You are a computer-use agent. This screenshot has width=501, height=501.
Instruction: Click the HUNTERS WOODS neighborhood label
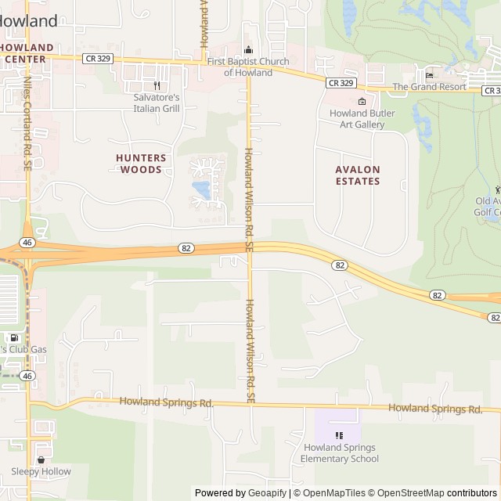(x=141, y=163)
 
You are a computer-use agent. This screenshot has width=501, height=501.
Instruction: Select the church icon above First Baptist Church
(x=249, y=50)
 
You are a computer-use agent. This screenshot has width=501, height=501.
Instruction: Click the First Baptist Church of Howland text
(x=248, y=67)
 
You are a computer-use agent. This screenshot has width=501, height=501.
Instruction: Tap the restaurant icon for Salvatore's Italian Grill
(x=157, y=86)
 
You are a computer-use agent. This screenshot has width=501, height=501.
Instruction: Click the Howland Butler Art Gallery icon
(x=362, y=102)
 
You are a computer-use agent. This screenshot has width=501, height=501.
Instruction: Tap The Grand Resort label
(x=429, y=87)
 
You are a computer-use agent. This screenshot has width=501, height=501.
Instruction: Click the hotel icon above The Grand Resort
(x=429, y=75)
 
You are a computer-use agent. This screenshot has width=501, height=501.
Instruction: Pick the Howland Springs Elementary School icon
(x=339, y=435)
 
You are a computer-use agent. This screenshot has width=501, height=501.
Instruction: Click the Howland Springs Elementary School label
(x=339, y=453)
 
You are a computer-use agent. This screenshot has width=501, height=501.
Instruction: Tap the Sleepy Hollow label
(x=41, y=471)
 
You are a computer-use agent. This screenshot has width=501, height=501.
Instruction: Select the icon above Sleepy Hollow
(x=41, y=460)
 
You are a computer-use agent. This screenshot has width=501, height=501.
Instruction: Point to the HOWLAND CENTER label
(x=27, y=52)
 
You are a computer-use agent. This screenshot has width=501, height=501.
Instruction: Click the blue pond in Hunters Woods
(x=201, y=189)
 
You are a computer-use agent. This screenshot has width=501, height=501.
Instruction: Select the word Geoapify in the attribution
(x=265, y=493)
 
